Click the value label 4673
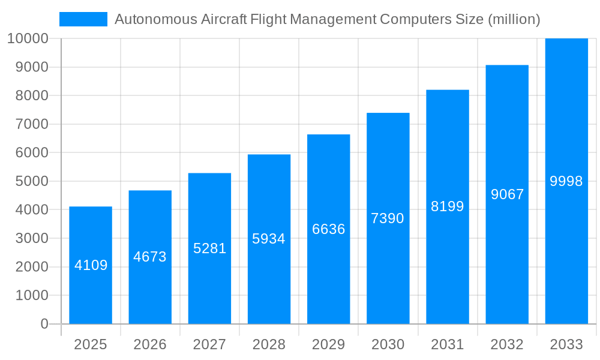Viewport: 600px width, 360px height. pos(150,257)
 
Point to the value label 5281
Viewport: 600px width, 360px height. pos(209,248)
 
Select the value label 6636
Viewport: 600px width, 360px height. pos(328,229)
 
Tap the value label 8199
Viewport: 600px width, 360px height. pos(448,206)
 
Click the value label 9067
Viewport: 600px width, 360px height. pos(507,194)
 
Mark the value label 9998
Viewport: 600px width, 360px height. pos(566,181)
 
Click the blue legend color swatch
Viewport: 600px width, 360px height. pos(83,19)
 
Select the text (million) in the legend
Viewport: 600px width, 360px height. pos(514,19)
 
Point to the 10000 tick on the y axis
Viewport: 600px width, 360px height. pos(28,38)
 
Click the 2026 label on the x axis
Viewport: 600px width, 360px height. pos(150,344)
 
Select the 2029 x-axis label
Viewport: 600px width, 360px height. pos(328,344)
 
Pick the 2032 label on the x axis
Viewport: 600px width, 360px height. pos(507,344)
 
